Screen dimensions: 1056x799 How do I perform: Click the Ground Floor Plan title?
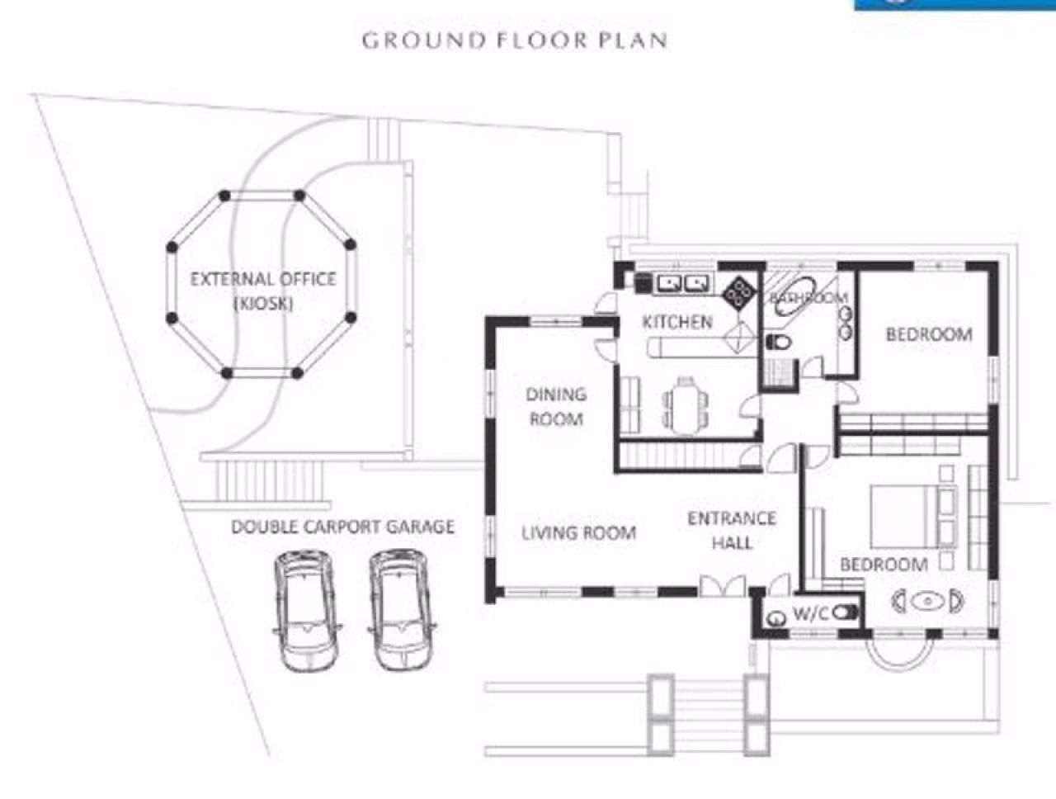tap(515, 40)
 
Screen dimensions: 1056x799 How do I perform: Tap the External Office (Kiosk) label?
tap(263, 291)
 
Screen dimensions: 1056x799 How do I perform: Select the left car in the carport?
tap(305, 612)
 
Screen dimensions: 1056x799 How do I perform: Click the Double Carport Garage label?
tap(342, 527)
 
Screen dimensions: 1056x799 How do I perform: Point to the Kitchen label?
tap(677, 322)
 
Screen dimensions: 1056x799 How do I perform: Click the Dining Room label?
tap(556, 407)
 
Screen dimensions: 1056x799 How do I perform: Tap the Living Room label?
tap(579, 533)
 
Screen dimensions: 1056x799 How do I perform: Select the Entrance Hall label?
tap(732, 531)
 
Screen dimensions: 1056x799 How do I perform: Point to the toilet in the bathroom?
tap(779, 343)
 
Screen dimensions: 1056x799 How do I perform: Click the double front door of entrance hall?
tap(723, 587)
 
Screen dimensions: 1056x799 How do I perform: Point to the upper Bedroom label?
tap(929, 334)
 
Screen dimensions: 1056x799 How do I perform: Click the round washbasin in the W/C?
tap(777, 618)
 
